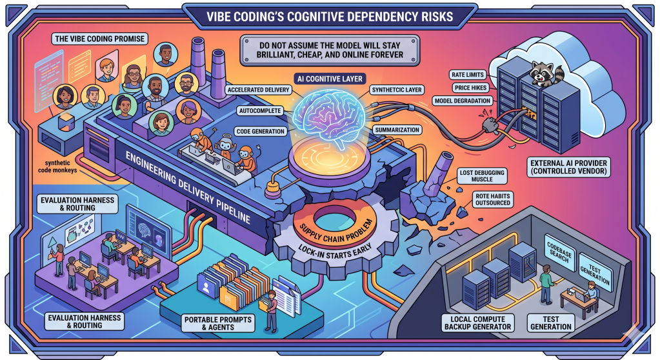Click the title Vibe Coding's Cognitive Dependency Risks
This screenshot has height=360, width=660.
[x=330, y=15]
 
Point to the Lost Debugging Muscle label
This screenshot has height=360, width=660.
[x=482, y=177]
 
